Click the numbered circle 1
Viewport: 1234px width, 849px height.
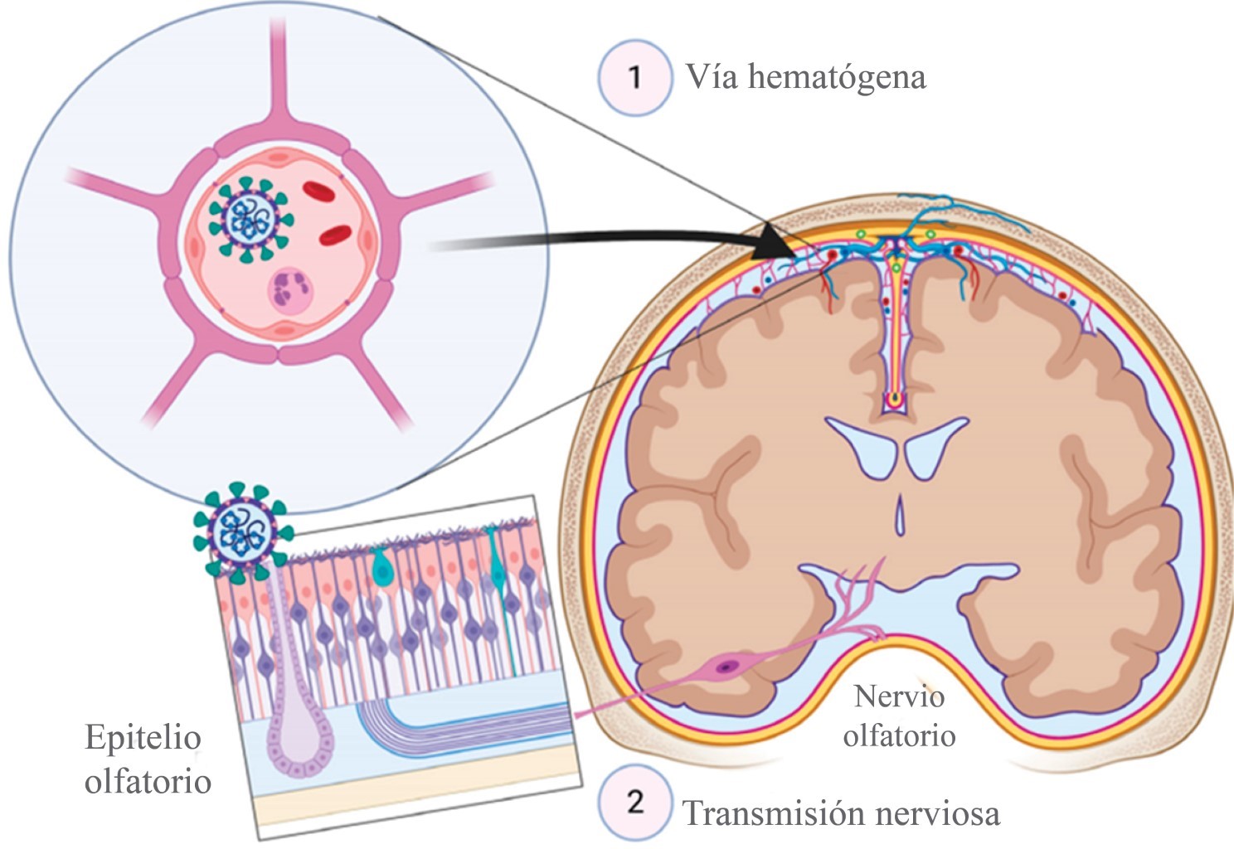pos(634,77)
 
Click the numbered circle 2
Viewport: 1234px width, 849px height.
pos(634,802)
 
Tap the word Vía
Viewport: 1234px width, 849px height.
pos(711,77)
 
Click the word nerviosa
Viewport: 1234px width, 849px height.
pos(937,813)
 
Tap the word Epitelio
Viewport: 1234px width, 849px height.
pos(143,737)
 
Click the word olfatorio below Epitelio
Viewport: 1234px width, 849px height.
pos(148,781)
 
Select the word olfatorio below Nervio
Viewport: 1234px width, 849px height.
pos(899,735)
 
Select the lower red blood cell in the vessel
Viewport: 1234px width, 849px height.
pos(337,235)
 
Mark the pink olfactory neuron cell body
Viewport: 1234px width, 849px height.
pos(726,666)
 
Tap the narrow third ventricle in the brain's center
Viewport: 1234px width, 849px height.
pos(899,516)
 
